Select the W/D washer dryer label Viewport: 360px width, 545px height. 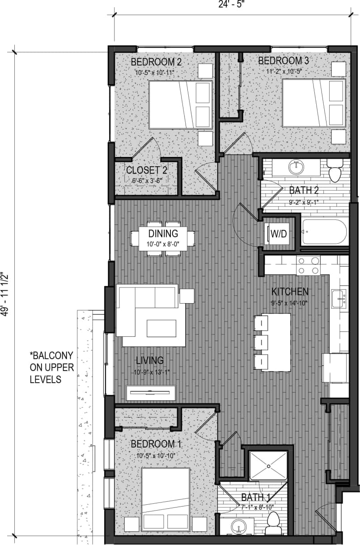click(x=279, y=233)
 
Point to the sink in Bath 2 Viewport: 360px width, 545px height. click(x=296, y=168)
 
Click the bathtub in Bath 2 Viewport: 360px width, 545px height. click(x=325, y=232)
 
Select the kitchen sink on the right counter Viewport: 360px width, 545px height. click(x=338, y=298)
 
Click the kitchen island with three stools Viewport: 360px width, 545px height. click(x=275, y=342)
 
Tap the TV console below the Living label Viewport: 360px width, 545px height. click(x=151, y=393)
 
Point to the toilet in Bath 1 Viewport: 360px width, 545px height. click(x=272, y=523)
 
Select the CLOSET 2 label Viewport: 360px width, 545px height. click(x=147, y=170)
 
